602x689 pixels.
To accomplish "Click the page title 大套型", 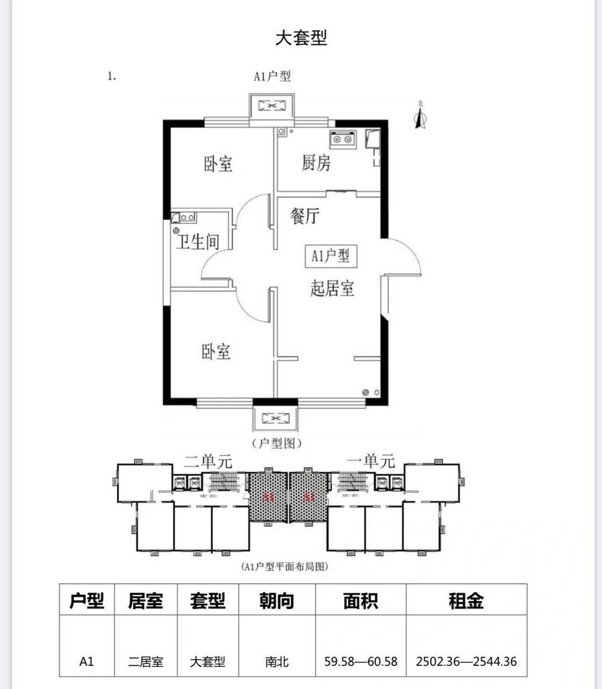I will [x=301, y=38].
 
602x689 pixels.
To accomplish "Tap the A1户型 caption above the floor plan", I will [x=272, y=76].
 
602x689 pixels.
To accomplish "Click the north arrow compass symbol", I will [x=420, y=116].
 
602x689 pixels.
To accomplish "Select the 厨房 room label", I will [x=316, y=162].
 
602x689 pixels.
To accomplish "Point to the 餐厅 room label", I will [x=305, y=216].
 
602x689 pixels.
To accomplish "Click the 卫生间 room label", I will [x=198, y=242].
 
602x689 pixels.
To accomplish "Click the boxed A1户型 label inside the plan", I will [x=331, y=255].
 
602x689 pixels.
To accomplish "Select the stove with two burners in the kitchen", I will [x=342, y=139].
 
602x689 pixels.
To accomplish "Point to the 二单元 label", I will [x=208, y=461].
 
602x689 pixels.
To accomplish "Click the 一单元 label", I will [x=371, y=461].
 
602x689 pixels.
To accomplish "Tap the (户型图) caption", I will [x=276, y=444].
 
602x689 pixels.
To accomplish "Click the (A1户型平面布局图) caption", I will [x=284, y=566].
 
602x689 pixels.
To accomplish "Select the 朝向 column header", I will [x=277, y=600].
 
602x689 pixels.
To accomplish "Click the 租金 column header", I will [x=466, y=600].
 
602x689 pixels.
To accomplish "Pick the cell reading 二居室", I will [x=146, y=662].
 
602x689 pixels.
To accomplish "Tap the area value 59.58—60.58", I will [x=361, y=662].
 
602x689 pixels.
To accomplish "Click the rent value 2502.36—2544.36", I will [x=466, y=662].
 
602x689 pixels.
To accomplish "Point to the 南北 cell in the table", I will [x=277, y=662].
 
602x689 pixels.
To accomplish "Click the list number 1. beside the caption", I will [x=112, y=76].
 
